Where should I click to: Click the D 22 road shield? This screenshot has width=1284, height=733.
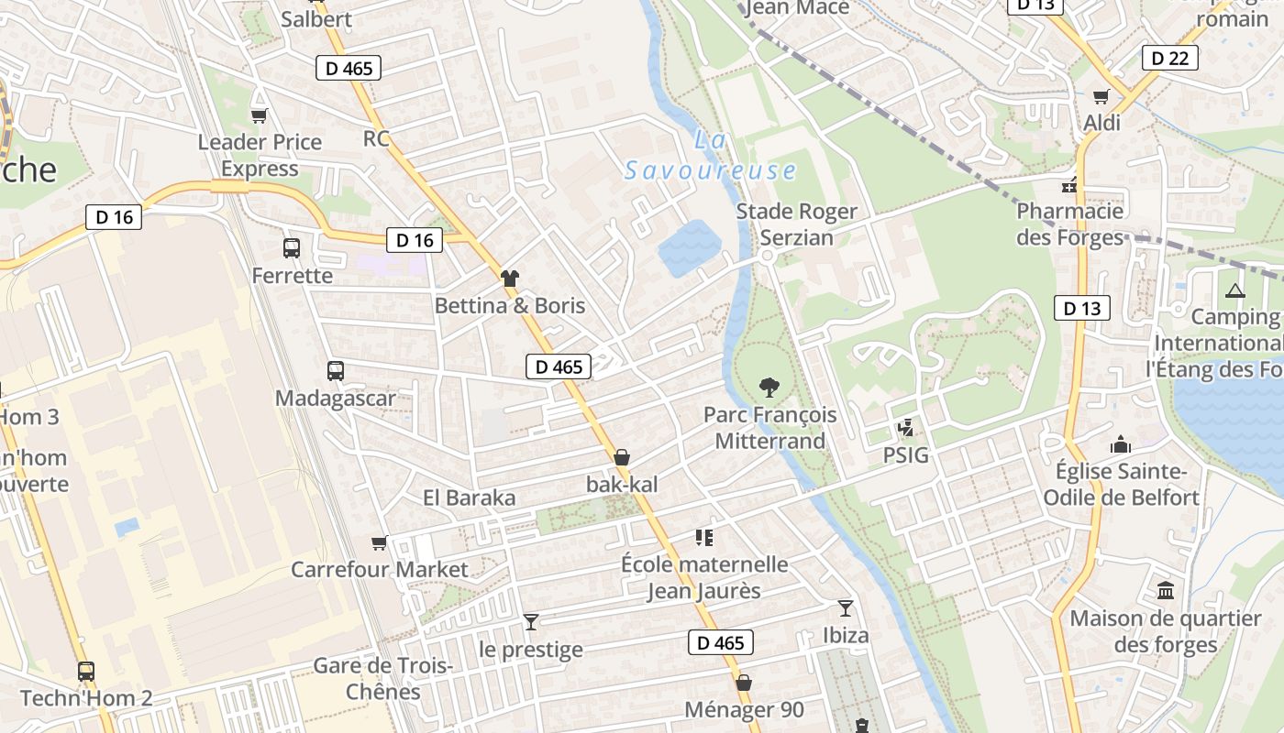[x=1170, y=58]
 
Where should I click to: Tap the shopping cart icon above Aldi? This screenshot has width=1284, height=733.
[x=1101, y=96]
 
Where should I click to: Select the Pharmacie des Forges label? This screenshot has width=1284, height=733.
[x=1069, y=224]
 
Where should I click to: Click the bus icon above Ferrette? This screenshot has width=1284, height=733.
[x=292, y=247]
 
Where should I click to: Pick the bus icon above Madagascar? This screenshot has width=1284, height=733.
[x=336, y=371]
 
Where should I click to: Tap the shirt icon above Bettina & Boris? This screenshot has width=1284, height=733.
[x=510, y=279]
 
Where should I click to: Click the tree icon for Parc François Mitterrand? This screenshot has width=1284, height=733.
[x=769, y=388]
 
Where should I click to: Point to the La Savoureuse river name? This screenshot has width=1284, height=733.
[x=711, y=156]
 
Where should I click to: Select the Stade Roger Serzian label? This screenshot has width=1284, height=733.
[x=796, y=224]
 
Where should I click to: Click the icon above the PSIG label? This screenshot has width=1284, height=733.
[x=906, y=428]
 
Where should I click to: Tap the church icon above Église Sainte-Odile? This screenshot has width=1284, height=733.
[x=1120, y=445]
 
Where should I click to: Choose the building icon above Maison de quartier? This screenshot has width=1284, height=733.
[x=1166, y=591]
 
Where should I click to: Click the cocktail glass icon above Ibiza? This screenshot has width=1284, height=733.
[x=845, y=608]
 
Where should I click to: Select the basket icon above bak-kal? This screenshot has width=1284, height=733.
[x=622, y=457]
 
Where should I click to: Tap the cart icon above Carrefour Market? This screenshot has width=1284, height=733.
[x=380, y=543]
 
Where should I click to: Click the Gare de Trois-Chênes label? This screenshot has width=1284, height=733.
[x=383, y=678]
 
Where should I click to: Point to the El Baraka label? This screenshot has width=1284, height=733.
[x=469, y=498]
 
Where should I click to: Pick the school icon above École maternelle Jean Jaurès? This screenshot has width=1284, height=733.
[x=704, y=537]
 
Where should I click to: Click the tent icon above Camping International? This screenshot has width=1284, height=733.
[x=1234, y=291]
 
